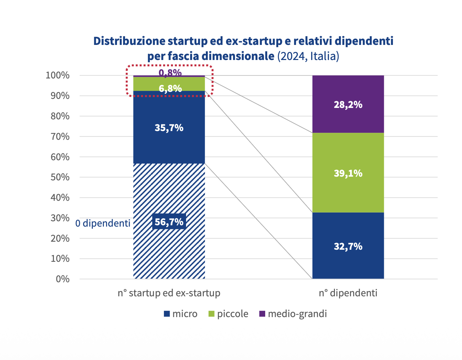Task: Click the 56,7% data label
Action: click(169, 222)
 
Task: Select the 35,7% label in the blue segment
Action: click(169, 128)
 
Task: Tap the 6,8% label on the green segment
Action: click(170, 88)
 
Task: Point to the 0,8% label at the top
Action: click(170, 72)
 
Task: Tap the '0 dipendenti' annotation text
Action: click(103, 223)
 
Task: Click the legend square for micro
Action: click(167, 314)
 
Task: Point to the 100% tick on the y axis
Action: click(58, 75)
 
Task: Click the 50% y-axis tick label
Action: click(60, 177)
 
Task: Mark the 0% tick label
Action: click(63, 279)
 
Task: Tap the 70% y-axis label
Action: click(60, 136)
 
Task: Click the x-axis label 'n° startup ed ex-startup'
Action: click(169, 293)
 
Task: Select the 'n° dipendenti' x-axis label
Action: click(348, 293)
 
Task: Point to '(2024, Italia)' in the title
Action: click(308, 56)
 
